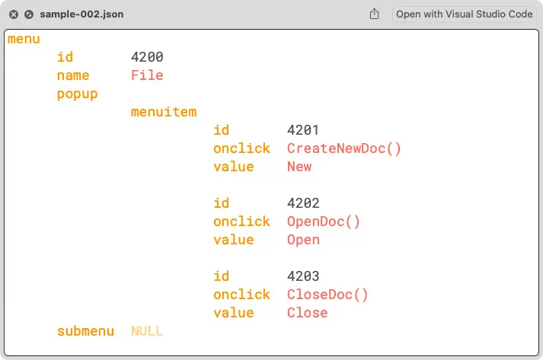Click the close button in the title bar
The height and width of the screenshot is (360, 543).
tap(14, 14)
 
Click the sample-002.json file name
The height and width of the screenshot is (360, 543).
tap(81, 14)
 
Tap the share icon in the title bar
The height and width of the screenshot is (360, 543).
tap(374, 14)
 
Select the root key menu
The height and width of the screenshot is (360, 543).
tap(24, 40)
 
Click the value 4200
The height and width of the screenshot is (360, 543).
tap(147, 57)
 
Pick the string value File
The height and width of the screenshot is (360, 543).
tap(147, 75)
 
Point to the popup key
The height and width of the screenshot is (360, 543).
tap(77, 94)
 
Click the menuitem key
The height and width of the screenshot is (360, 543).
tap(164, 112)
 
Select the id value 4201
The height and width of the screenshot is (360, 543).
tap(303, 130)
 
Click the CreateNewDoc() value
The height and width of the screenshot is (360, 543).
tap(343, 148)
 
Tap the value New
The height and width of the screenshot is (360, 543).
tap(299, 167)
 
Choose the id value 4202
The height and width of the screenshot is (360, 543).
tap(303, 203)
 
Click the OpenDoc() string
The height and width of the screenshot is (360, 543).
tap(323, 221)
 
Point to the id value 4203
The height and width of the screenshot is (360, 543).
tap(303, 276)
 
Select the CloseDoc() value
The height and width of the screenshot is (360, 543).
tap(327, 295)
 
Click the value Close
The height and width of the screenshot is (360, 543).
tap(307, 313)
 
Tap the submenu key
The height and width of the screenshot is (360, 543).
tap(85, 331)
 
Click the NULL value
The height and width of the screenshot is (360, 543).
tap(147, 331)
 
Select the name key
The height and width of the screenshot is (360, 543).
tap(73, 75)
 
